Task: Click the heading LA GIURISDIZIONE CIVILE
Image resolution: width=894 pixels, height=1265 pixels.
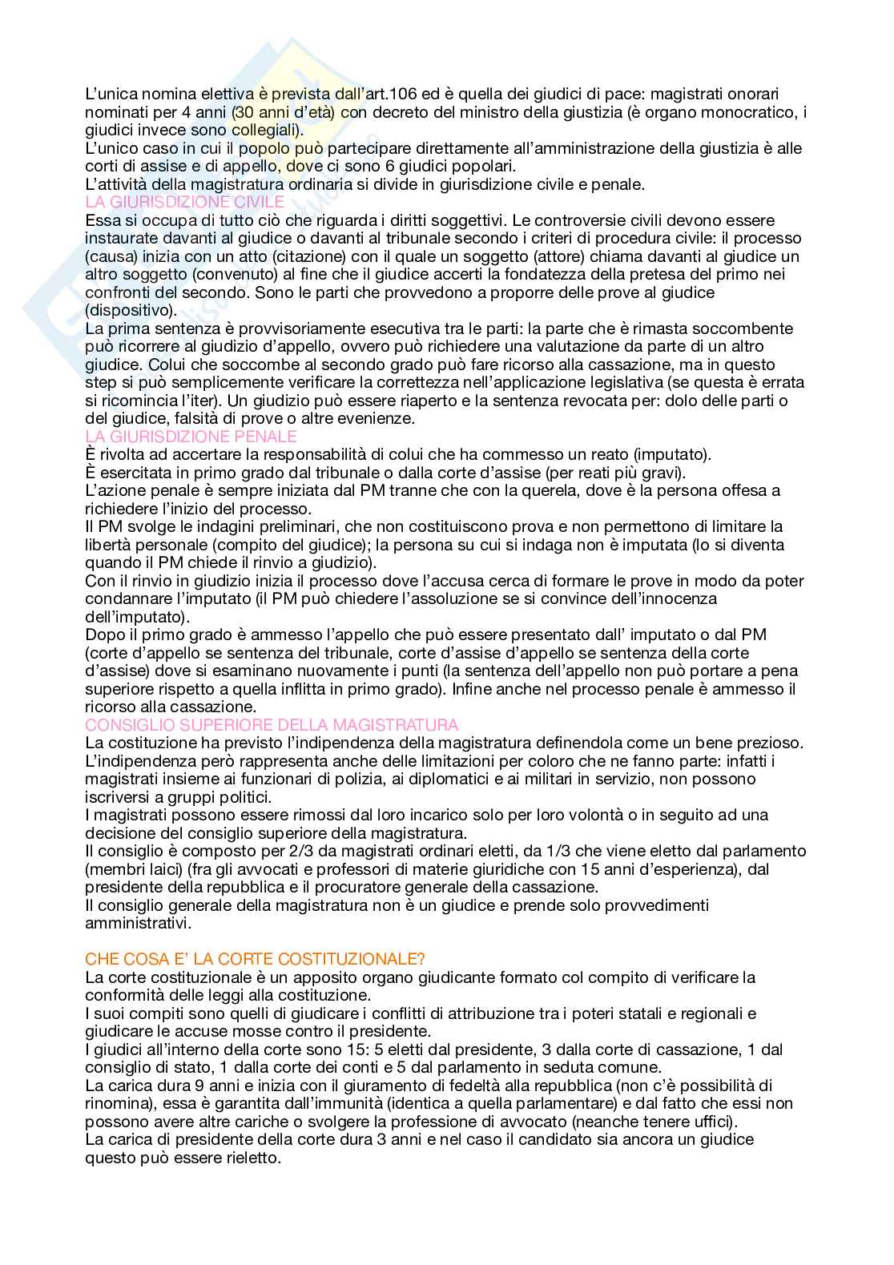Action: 184,202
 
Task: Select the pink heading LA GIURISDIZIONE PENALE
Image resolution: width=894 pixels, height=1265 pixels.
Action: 191,437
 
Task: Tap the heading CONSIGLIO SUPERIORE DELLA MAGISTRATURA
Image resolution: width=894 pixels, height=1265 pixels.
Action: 272,725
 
